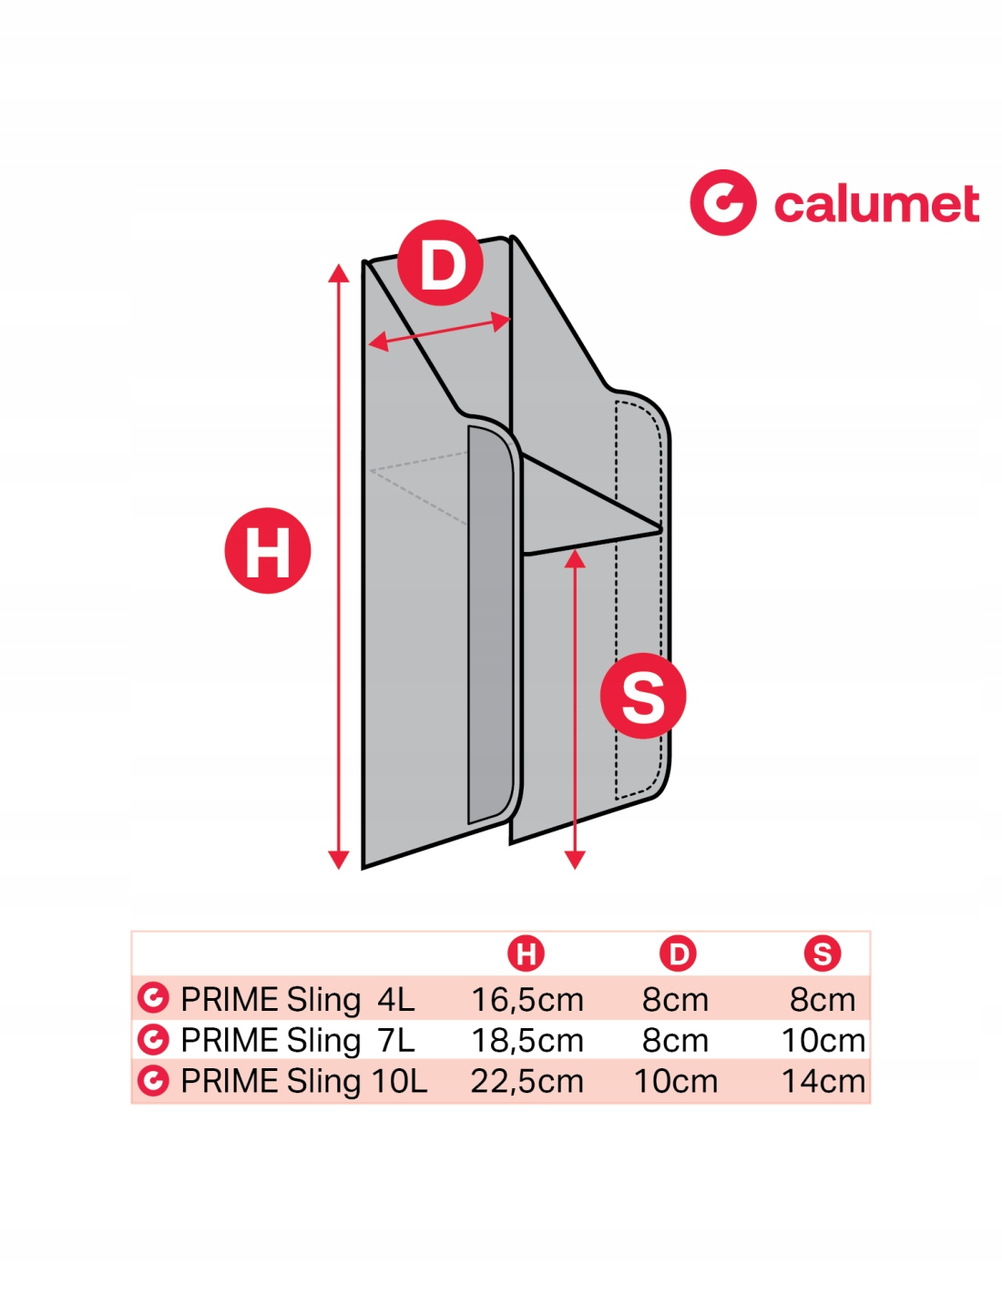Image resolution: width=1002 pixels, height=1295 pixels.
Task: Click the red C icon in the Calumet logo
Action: pyautogui.click(x=722, y=202)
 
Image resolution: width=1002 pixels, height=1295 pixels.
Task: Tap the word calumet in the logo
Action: pyautogui.click(x=876, y=204)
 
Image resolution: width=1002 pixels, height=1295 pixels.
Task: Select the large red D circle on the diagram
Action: pyautogui.click(x=441, y=263)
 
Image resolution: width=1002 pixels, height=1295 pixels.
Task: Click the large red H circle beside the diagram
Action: pyautogui.click(x=268, y=551)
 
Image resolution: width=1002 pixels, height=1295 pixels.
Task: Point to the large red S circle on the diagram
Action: pyautogui.click(x=643, y=696)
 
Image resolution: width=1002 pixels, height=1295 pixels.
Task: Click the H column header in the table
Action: pyautogui.click(x=526, y=953)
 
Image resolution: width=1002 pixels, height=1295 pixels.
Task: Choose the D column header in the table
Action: pyautogui.click(x=678, y=953)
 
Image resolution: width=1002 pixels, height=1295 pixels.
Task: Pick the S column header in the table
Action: pyautogui.click(x=822, y=953)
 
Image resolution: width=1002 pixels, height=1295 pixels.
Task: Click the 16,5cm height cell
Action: pyautogui.click(x=527, y=999)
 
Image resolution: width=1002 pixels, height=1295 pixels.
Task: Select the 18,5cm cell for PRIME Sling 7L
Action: pyautogui.click(x=527, y=1040)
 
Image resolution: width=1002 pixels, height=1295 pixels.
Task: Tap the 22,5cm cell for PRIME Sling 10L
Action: pyautogui.click(x=527, y=1081)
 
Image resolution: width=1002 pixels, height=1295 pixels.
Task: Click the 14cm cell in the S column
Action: pyautogui.click(x=823, y=1081)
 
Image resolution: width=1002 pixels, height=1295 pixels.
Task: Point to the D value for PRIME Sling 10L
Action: pyautogui.click(x=676, y=1081)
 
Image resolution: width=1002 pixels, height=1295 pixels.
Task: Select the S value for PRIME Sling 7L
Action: pyautogui.click(x=823, y=1040)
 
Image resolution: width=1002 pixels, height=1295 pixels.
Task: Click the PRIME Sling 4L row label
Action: pyautogui.click(x=297, y=999)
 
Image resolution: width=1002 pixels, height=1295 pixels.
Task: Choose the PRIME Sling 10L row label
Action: pyautogui.click(x=303, y=1081)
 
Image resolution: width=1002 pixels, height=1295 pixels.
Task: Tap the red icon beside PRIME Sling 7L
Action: pyautogui.click(x=153, y=1039)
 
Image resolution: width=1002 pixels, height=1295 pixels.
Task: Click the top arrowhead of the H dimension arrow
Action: pyautogui.click(x=339, y=273)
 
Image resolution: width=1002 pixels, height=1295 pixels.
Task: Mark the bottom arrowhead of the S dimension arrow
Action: pyautogui.click(x=575, y=859)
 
